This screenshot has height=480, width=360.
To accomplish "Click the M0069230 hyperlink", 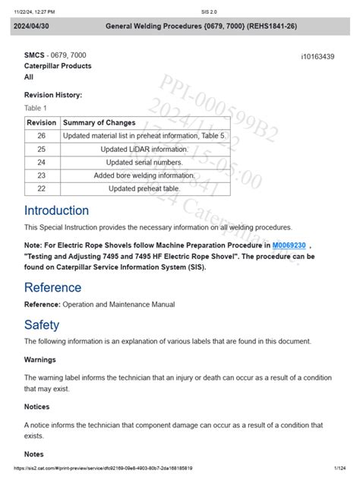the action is (289, 245).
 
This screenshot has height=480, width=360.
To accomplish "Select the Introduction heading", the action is (56, 210).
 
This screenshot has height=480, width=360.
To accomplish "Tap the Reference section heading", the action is (52, 287).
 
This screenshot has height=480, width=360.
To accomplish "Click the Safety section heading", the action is (42, 324).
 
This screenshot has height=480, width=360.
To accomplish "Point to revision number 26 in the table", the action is (41, 135).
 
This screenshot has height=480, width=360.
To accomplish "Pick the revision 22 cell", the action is (41, 188).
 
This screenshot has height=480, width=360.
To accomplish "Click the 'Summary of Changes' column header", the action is (99, 122).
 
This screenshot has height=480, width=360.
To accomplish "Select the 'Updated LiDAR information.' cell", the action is (144, 149).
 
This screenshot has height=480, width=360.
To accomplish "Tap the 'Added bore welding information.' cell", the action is (144, 175).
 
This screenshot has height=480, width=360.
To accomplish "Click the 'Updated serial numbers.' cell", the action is (144, 162).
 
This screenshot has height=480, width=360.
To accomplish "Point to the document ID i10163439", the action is (317, 57).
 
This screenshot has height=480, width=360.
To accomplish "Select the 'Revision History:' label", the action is (53, 95).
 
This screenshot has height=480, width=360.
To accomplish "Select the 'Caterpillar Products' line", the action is (58, 66).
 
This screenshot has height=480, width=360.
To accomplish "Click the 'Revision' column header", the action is (41, 122).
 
